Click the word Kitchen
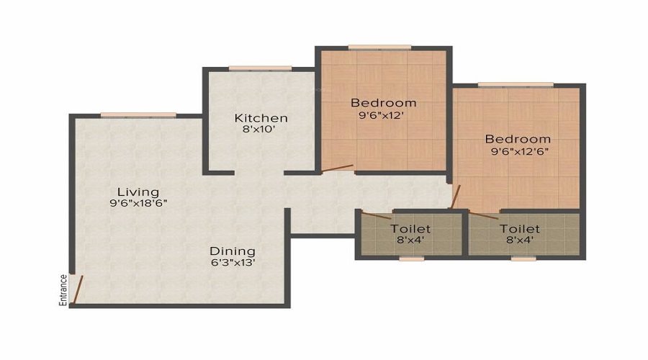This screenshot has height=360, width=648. click(261, 118)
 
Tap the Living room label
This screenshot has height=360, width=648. click(138, 192)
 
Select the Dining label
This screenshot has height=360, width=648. click(233, 251)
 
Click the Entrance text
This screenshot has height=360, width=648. click(63, 290)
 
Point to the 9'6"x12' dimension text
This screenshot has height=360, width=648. click(381, 115)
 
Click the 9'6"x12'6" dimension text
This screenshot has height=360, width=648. click(519, 151)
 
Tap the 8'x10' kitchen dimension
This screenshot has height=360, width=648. click(258, 129)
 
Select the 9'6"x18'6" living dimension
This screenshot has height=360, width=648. click(138, 203)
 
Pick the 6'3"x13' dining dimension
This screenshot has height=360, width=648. click(233, 262)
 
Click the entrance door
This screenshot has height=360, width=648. click(78, 289)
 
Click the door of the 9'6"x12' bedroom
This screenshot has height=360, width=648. click(337, 168)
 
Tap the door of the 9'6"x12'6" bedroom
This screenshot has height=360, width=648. click(455, 197)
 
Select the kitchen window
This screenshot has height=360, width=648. click(260, 68)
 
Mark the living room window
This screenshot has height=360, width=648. click(138, 115)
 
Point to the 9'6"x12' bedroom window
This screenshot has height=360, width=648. click(379, 47)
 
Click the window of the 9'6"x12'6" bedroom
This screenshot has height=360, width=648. click(516, 85)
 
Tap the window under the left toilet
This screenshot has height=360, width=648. click(412, 258)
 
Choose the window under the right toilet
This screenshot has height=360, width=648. click(523, 258)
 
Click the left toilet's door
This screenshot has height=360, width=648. click(377, 215)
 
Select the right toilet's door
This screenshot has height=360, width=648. click(484, 215)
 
